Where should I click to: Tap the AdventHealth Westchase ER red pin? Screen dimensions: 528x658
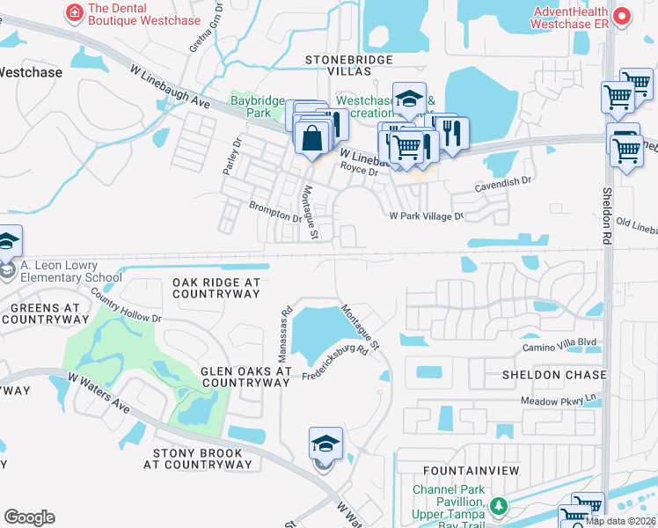(x=623, y=17)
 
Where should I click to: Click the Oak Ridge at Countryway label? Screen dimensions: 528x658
(x=216, y=289)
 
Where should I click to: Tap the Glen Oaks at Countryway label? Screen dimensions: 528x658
(x=245, y=377)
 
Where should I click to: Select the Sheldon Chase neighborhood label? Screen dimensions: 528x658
(x=554, y=375)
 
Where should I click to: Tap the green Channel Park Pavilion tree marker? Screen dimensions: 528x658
(x=499, y=506)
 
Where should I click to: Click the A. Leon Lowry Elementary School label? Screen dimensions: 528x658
(x=66, y=272)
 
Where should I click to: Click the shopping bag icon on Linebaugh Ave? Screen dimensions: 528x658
(x=311, y=138)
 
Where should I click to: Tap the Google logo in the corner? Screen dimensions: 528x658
(x=29, y=517)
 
